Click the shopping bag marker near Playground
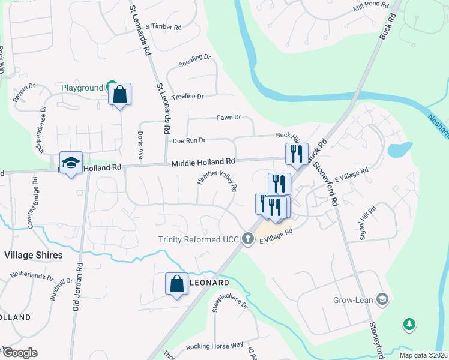(x=120, y=95)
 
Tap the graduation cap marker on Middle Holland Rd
(x=71, y=163)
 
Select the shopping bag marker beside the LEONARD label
(x=177, y=284)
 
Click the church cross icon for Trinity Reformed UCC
(x=247, y=239)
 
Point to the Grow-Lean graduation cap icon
(x=382, y=299)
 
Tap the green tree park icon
(x=409, y=324)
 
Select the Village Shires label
(x=33, y=255)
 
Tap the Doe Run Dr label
(x=189, y=140)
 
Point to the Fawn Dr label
(x=228, y=118)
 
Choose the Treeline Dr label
(x=188, y=96)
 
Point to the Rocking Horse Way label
(x=214, y=346)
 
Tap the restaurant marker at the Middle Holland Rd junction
(x=296, y=154)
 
